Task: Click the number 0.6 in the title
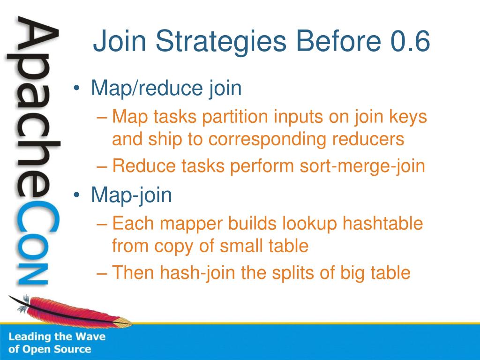click(412, 41)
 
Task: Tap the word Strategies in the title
click(221, 43)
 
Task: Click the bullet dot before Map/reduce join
click(76, 89)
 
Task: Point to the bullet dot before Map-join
click(76, 195)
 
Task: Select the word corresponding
click(267, 140)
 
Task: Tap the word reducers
click(368, 139)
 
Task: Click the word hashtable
click(382, 223)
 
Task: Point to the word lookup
click(309, 224)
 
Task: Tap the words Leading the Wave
click(57, 337)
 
